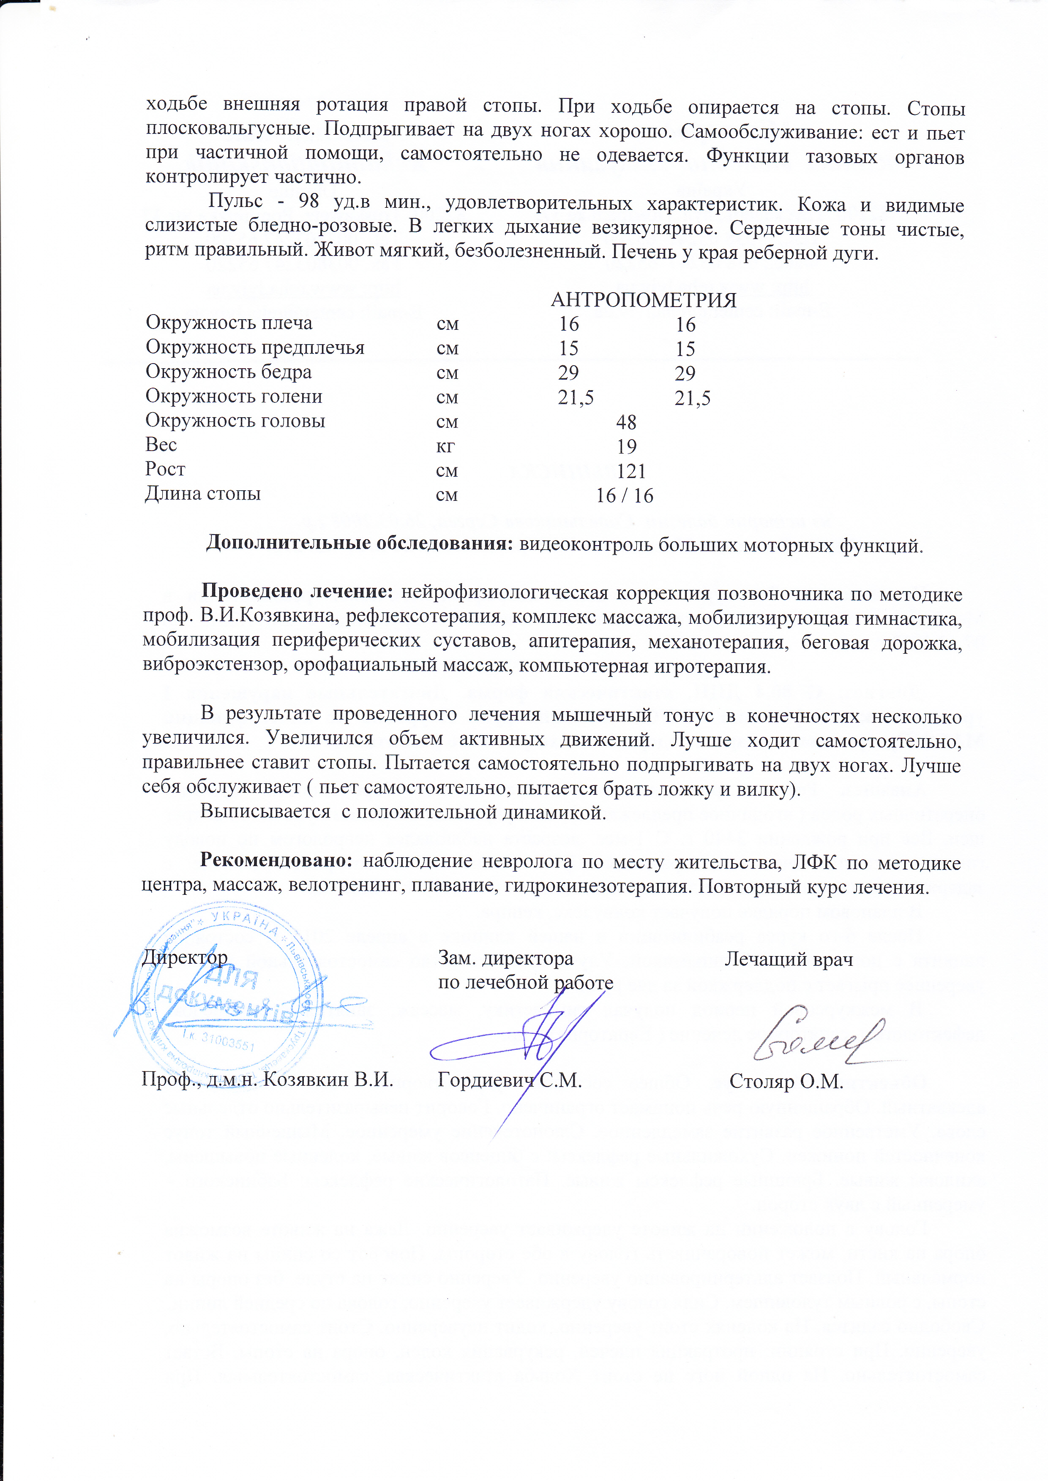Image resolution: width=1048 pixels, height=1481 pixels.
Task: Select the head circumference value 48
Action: click(626, 422)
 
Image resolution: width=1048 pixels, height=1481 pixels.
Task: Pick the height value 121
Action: click(630, 471)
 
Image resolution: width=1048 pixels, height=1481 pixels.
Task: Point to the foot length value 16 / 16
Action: click(624, 495)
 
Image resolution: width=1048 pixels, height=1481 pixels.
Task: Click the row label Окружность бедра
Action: click(229, 372)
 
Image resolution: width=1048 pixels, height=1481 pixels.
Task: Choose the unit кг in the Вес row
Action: click(445, 446)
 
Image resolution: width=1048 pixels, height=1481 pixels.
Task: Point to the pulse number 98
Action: click(308, 201)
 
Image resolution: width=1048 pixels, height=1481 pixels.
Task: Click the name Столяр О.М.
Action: click(786, 1082)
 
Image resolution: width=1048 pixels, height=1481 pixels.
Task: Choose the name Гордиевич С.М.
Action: click(509, 1080)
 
